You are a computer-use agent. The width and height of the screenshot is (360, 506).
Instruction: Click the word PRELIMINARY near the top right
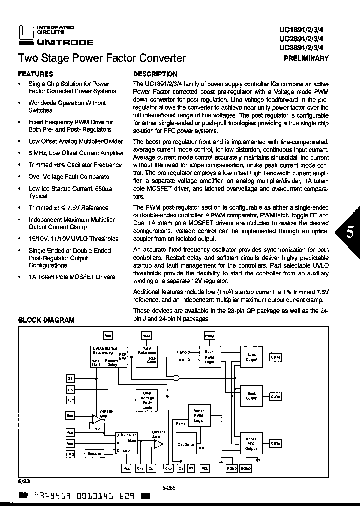306,58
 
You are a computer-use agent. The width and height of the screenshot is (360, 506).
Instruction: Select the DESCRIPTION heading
155,74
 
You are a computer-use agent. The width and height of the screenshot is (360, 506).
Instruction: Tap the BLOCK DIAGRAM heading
46,320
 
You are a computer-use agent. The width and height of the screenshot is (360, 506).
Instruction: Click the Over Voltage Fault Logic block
147,400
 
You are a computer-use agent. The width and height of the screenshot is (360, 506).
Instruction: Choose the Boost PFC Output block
251,442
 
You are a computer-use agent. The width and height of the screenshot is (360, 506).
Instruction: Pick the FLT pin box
70,400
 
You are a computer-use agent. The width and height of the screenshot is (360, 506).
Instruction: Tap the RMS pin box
70,453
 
